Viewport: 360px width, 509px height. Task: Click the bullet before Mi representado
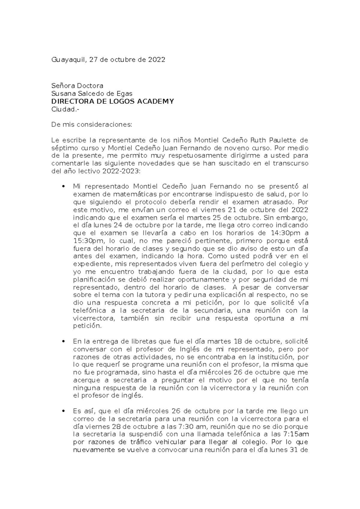click(63, 187)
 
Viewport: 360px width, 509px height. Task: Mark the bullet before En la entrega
click(63, 341)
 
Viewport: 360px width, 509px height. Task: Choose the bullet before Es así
click(63, 411)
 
